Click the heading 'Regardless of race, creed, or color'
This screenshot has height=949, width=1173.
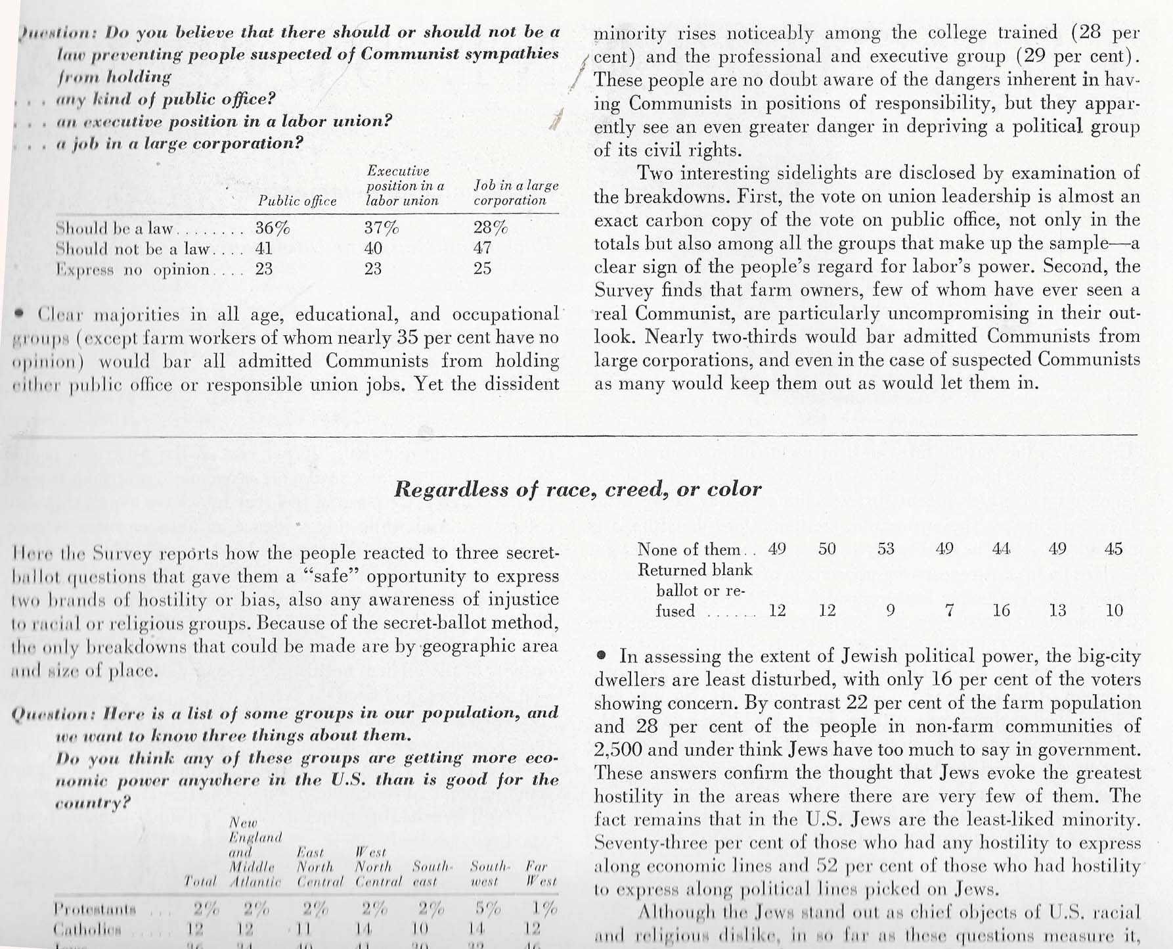(x=577, y=490)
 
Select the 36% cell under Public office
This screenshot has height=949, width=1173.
(x=272, y=228)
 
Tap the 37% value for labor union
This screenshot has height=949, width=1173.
(x=381, y=228)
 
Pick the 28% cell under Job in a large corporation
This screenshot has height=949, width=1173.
(x=490, y=228)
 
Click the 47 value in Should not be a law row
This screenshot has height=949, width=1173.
(x=483, y=248)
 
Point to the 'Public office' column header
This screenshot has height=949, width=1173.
(x=297, y=201)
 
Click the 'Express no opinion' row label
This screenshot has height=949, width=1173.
(x=132, y=269)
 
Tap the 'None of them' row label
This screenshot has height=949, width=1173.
(x=689, y=549)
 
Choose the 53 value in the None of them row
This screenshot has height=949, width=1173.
(x=885, y=549)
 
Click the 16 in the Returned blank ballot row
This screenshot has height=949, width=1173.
(x=1001, y=611)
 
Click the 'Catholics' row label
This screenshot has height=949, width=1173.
(x=87, y=930)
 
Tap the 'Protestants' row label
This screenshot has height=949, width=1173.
(x=95, y=910)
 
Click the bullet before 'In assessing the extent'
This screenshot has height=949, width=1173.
(x=602, y=656)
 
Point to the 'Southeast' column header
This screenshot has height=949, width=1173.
(x=430, y=874)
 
